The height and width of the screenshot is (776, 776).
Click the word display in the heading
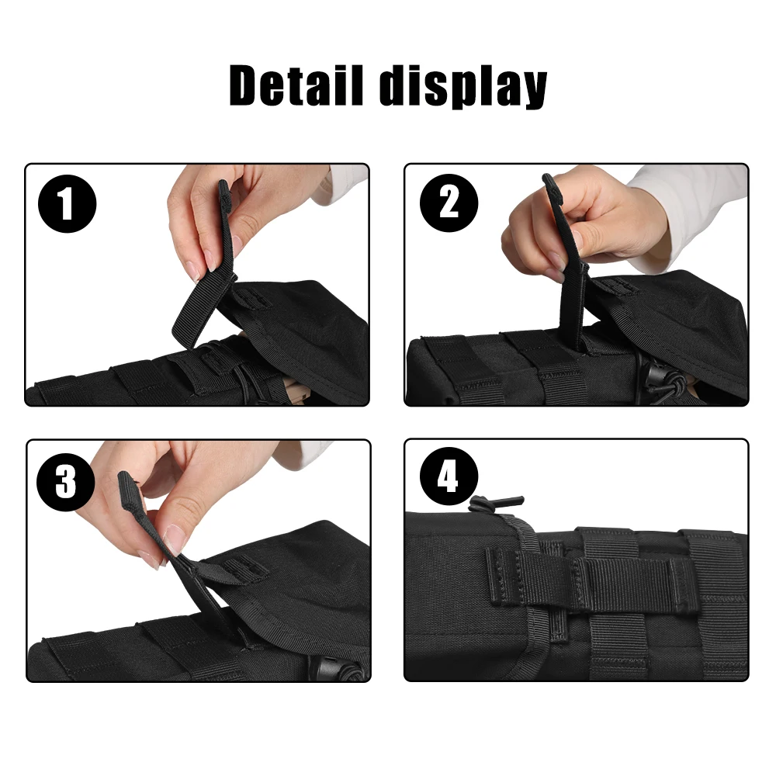point(462,87)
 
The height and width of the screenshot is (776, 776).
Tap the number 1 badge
point(67,203)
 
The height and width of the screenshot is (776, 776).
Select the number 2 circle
point(449,203)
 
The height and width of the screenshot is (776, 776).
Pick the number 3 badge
point(66,482)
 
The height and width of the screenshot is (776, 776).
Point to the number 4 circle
point(449,476)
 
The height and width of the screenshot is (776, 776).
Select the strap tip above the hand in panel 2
point(549,183)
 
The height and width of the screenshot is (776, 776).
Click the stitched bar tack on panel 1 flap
point(252,297)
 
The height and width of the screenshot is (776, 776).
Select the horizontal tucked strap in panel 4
point(591,578)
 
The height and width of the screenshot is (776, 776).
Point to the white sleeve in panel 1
point(341,184)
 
